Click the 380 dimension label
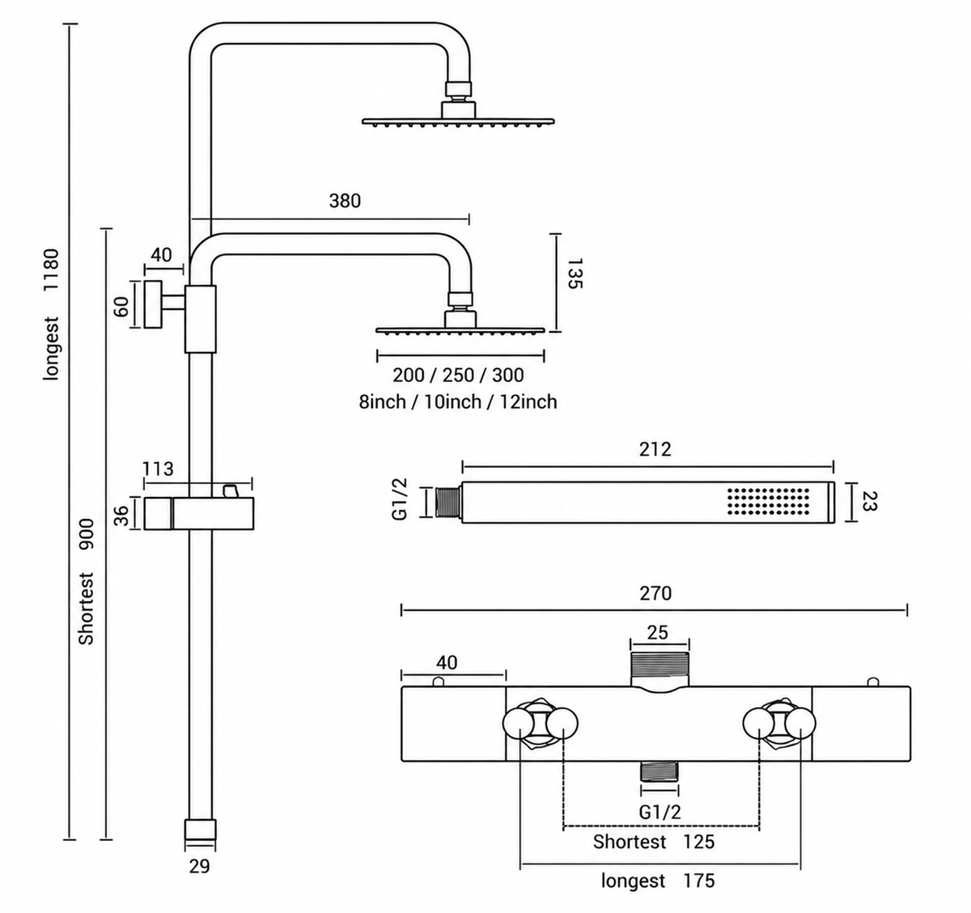(345, 201)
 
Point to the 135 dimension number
(575, 274)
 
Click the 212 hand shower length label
(655, 449)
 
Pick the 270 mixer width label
(655, 593)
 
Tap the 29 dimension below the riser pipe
(199, 867)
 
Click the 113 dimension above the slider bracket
(158, 469)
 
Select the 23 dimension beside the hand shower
(867, 502)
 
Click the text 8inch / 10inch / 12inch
(458, 401)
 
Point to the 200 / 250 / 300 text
(458, 376)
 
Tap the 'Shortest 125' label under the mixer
(654, 842)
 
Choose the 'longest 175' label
(658, 881)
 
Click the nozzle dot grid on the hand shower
(768, 501)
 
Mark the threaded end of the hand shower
(448, 502)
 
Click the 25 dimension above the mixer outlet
(657, 633)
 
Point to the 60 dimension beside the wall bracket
(121, 306)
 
